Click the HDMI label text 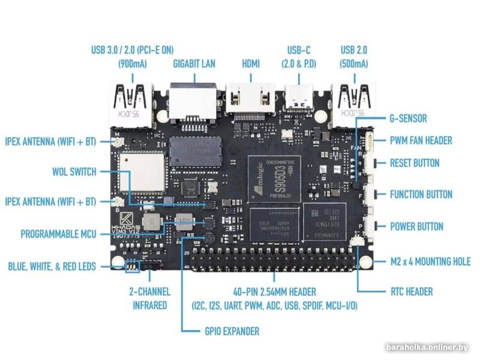pos(250,63)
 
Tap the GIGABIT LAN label pos(194,63)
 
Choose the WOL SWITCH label pos(74,172)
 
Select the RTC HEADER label pos(411,292)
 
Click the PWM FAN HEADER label pos(421,140)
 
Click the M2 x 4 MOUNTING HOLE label pos(430,262)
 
